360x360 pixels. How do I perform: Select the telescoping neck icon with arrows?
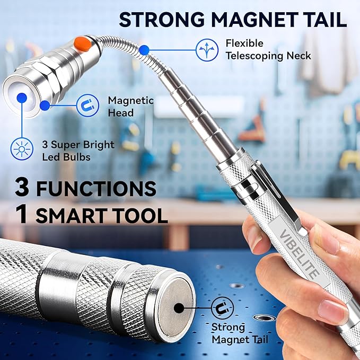tap(207, 49)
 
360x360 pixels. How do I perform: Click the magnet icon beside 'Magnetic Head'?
tap(86, 106)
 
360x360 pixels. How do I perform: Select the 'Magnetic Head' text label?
tap(130, 106)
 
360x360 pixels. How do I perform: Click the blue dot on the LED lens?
tap(22, 97)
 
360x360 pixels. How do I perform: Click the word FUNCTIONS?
tap(95, 189)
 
